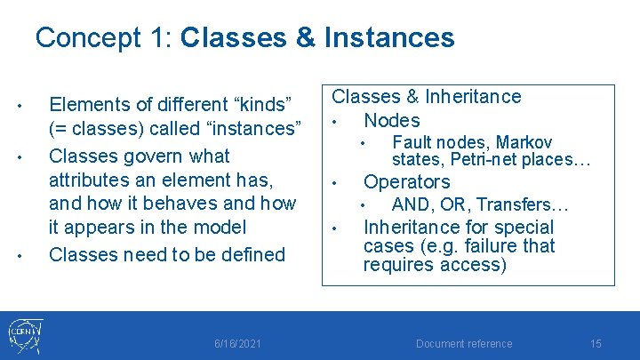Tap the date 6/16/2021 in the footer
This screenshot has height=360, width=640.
237,344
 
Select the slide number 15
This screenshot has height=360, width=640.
596,344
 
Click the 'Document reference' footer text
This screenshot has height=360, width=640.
464,344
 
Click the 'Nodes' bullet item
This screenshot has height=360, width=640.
392,120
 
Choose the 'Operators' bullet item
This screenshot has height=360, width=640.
406,182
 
